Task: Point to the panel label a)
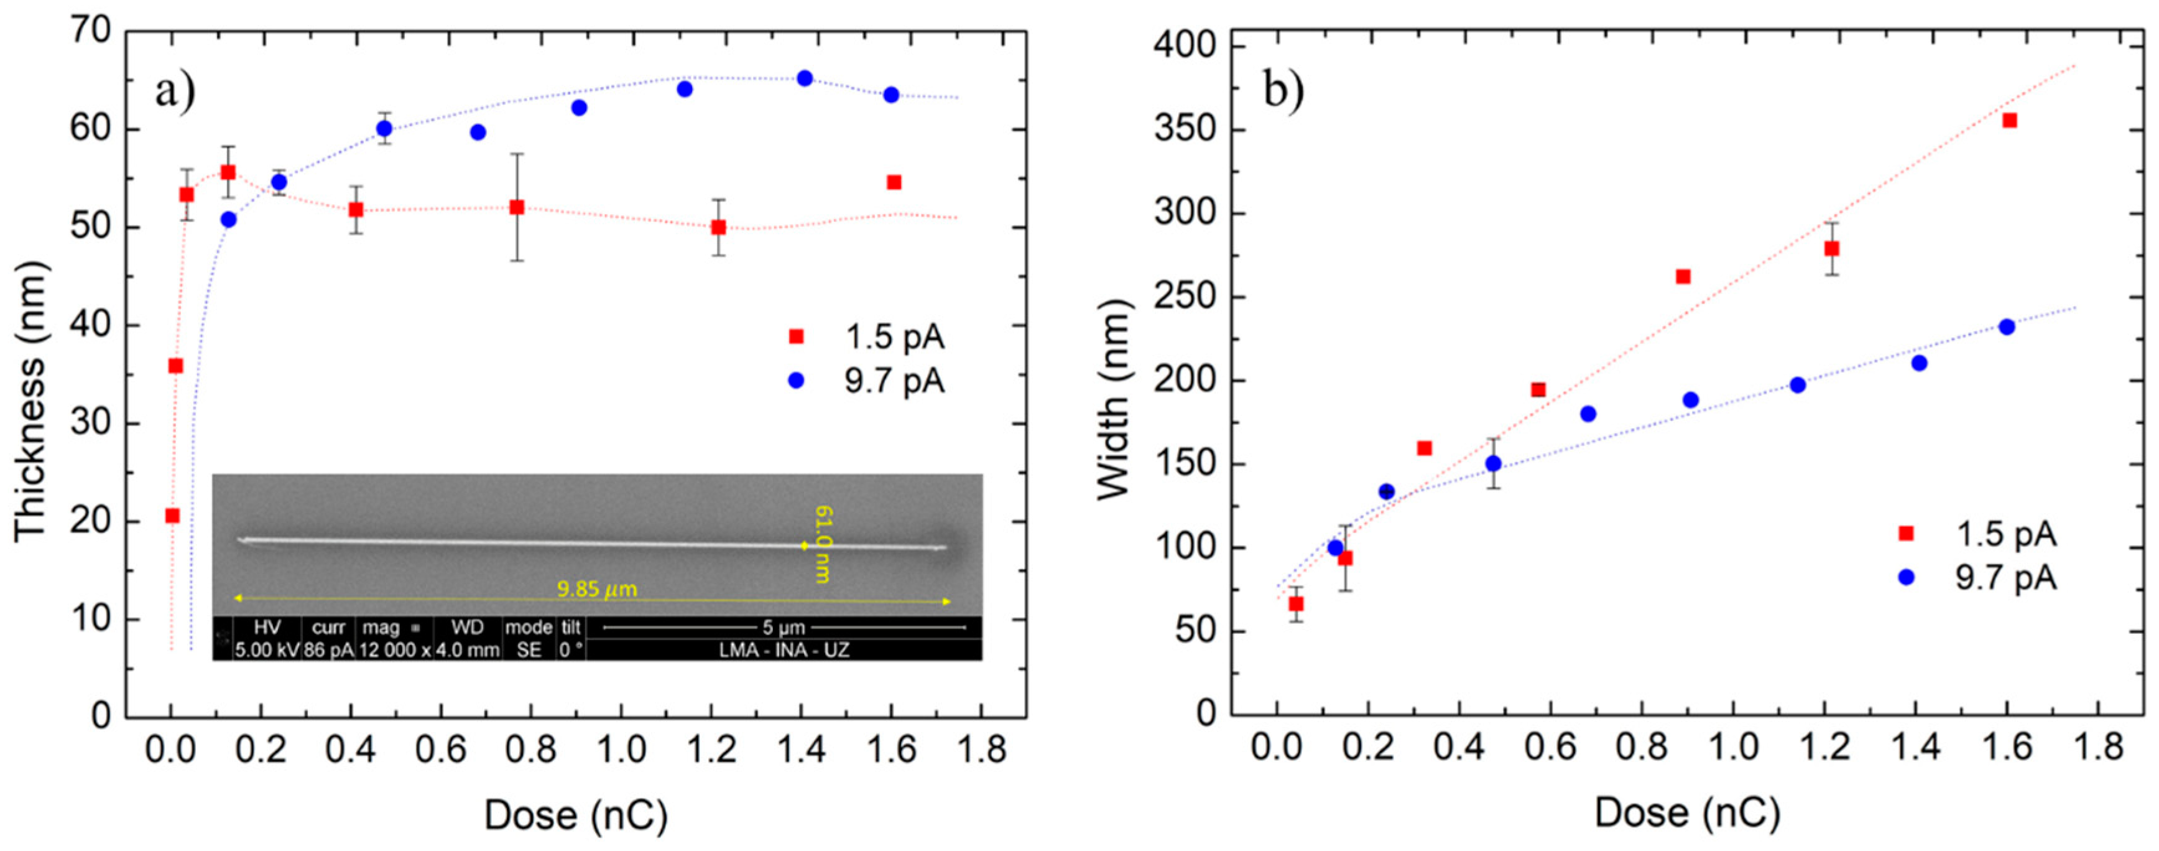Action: tap(174, 90)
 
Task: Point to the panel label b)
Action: tap(1283, 90)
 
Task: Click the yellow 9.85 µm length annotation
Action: tap(597, 588)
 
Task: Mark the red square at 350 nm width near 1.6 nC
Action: tap(2009, 121)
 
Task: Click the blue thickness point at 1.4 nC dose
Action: tap(805, 78)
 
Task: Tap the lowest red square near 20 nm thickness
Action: tap(172, 516)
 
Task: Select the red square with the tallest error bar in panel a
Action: tap(517, 207)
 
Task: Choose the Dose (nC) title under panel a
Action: tap(576, 815)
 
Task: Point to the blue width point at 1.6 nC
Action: tap(2007, 327)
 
